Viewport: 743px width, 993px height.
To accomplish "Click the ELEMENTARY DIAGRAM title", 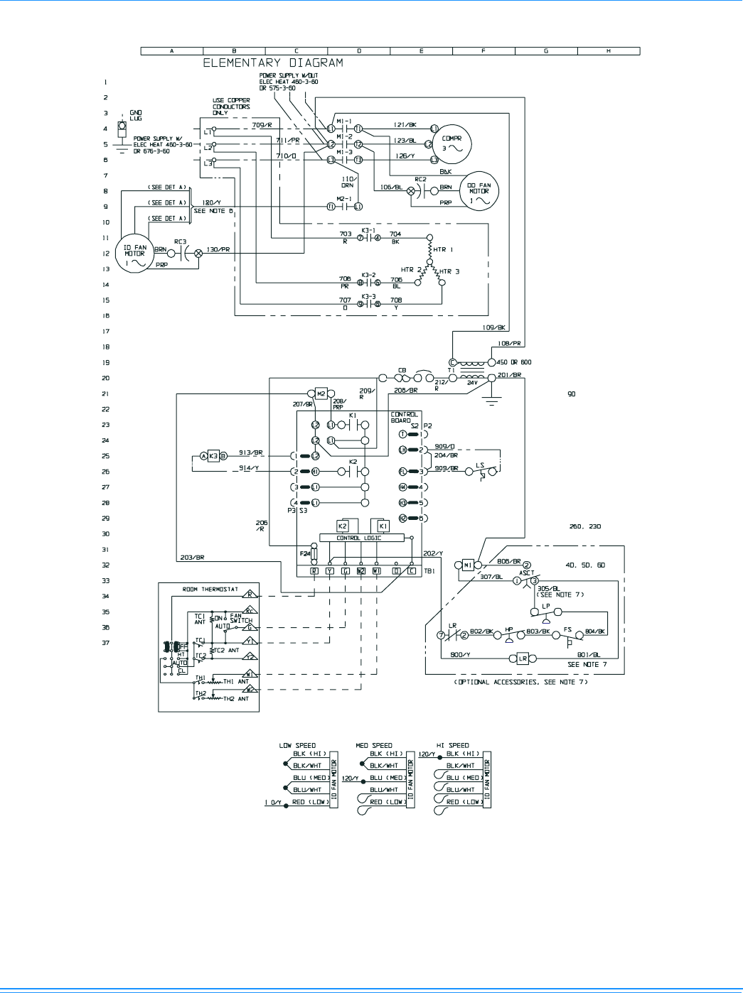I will point(273,63).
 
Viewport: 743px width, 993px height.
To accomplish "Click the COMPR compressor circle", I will point(452,144).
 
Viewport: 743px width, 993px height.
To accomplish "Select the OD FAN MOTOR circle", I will point(479,192).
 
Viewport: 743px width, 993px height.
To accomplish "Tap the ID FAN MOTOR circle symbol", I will point(134,255).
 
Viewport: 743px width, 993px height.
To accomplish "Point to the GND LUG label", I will point(136,116).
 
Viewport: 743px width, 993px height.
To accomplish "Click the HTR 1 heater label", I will point(443,250).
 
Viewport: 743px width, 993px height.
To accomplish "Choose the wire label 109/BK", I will point(493,328).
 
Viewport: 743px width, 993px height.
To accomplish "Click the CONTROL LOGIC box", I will point(359,538).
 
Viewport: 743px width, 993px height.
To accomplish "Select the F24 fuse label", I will point(304,553).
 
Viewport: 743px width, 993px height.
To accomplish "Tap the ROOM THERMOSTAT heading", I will point(210,590).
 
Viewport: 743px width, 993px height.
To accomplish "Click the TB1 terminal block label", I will point(429,571).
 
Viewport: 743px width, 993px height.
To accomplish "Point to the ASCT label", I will point(527,573).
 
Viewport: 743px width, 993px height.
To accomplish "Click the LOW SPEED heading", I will point(297,746).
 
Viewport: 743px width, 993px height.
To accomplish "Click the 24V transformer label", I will point(472,383).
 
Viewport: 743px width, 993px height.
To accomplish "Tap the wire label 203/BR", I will point(192,558).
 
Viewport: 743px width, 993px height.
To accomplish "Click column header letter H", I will point(609,51).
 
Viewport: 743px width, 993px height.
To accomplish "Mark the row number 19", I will point(106,363).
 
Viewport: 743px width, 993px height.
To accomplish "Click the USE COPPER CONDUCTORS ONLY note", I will point(231,107).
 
